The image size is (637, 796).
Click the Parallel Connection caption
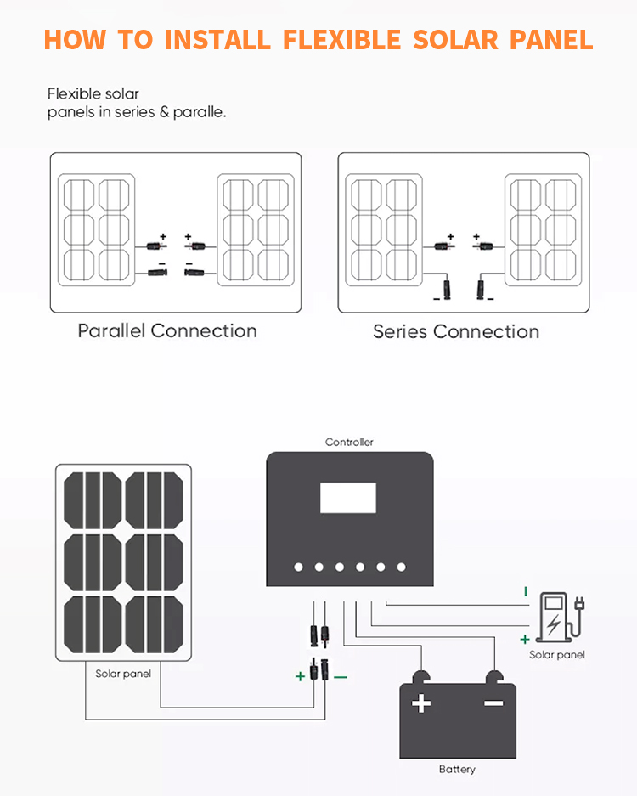tap(167, 330)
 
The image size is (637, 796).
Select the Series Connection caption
tap(456, 331)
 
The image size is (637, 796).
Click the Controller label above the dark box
tap(349, 442)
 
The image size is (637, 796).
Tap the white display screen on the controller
tap(347, 498)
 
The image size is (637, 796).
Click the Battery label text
tap(457, 769)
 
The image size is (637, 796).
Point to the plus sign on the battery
tap(421, 703)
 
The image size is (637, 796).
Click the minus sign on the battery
tap(493, 703)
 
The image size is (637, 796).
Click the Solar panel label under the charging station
tap(557, 655)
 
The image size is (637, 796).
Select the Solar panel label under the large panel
tap(123, 674)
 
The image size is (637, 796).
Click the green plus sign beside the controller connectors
tap(300, 677)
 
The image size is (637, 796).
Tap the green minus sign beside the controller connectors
tap(341, 677)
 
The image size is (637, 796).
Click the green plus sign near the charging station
tap(525, 639)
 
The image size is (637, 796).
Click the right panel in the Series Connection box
tap(544, 229)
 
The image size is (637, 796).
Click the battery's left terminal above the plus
tap(421, 677)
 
